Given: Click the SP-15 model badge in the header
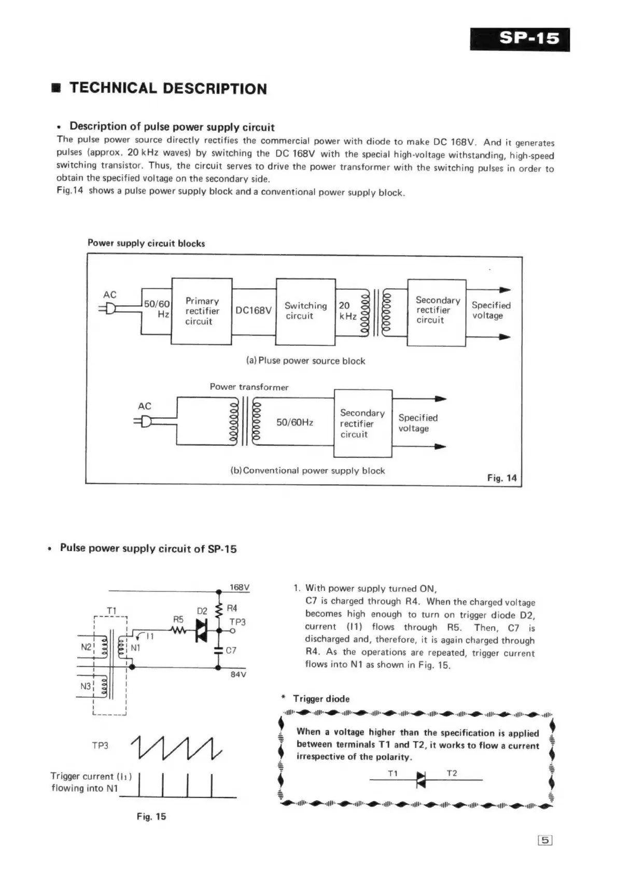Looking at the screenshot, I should point(520,39).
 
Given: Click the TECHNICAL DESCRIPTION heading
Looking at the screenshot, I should point(168,89).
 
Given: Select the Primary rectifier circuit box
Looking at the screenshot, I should point(202,311).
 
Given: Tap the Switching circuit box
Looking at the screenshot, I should point(305,311).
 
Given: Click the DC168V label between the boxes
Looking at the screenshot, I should point(254,311).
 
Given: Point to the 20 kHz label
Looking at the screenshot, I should point(347,311).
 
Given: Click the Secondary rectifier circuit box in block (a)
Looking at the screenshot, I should point(437,311).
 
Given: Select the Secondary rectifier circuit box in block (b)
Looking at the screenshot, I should point(362,424).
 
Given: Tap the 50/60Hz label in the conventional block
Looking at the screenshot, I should point(295,423).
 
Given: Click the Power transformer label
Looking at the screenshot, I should point(249,387).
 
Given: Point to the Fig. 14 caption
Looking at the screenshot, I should point(501,478).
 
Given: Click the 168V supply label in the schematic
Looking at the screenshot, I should point(240,587).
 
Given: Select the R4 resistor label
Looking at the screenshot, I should point(232,608).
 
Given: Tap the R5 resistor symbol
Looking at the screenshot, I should point(178,630).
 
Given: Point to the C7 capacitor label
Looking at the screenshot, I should point(231,650).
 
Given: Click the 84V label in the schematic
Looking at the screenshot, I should point(238,674).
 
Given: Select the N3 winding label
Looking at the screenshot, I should point(86,686).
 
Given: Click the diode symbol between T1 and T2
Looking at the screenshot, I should point(420,780).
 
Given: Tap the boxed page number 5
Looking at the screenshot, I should point(545,841).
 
